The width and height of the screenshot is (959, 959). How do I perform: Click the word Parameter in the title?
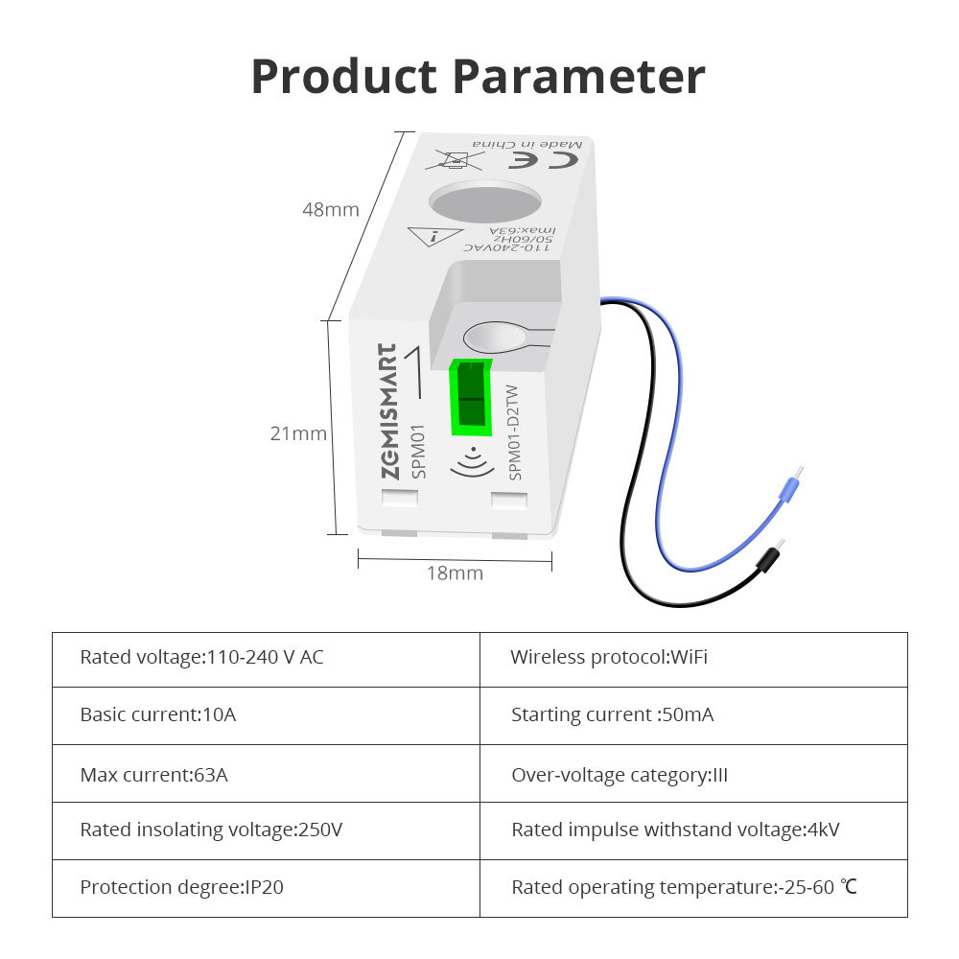[x=578, y=77]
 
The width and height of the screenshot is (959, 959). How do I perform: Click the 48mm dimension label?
[x=331, y=209]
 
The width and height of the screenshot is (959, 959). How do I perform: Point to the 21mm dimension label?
[x=298, y=433]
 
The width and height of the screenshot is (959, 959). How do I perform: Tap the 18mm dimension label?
[x=455, y=573]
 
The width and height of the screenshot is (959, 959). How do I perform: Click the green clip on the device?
[x=470, y=394]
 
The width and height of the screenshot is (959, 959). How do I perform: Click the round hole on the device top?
[x=484, y=204]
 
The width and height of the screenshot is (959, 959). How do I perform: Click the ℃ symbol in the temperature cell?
[x=848, y=888]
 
